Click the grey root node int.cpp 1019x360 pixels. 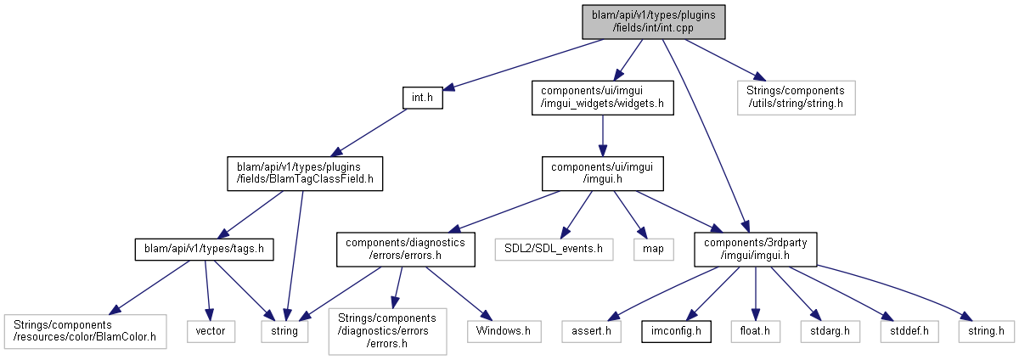654,20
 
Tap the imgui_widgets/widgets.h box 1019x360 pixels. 601,98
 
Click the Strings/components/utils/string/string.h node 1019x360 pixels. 796,98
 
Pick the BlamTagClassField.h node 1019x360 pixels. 304,173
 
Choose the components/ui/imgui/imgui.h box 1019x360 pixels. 602,173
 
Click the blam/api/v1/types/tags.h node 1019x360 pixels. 200,249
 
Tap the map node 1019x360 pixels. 653,249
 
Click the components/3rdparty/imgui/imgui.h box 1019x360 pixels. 744,249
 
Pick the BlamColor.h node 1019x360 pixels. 85,330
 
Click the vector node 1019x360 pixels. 210,330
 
